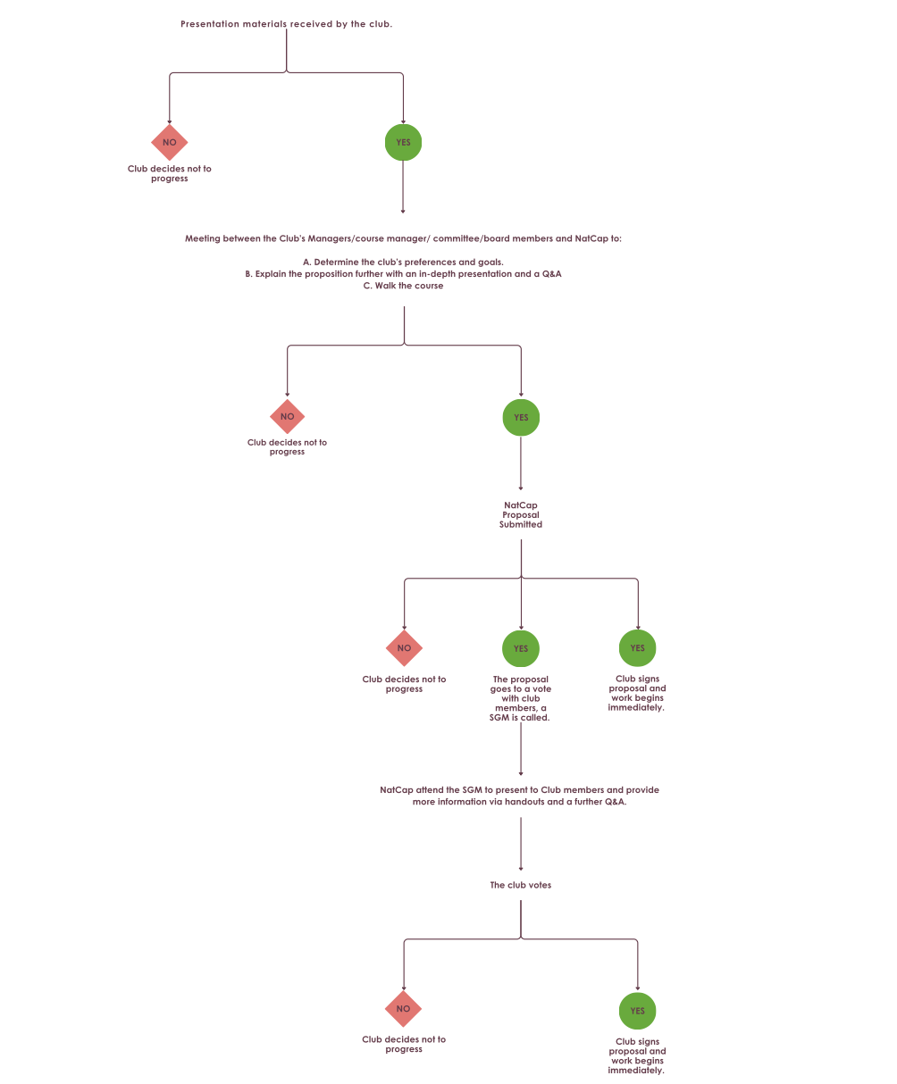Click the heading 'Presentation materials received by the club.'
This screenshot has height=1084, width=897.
point(286,24)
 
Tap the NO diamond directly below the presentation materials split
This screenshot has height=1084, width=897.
point(170,142)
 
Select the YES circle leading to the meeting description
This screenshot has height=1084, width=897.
point(403,142)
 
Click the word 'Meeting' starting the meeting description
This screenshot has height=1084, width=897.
point(203,238)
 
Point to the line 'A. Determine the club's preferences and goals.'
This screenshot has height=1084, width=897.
point(403,263)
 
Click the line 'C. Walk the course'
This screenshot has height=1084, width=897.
point(403,286)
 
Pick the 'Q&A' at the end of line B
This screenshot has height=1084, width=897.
point(551,273)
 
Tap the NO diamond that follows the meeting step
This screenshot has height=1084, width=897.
point(287,416)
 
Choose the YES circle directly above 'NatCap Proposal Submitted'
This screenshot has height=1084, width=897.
point(521,417)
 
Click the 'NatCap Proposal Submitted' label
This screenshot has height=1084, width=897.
point(521,514)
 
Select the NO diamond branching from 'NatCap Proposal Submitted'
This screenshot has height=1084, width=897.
point(404,648)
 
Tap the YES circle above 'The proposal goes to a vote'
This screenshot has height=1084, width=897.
point(521,648)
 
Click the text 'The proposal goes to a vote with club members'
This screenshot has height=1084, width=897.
point(521,694)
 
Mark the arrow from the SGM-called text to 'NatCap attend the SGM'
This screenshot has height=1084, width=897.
point(521,749)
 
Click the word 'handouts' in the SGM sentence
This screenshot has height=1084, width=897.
point(524,802)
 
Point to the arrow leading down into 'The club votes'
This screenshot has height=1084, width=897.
point(521,844)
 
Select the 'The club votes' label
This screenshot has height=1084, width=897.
point(521,885)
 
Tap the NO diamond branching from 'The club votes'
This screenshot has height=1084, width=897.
point(403,1009)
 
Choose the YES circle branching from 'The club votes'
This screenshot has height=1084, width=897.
point(637,1011)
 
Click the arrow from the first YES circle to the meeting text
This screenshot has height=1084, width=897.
point(403,187)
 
